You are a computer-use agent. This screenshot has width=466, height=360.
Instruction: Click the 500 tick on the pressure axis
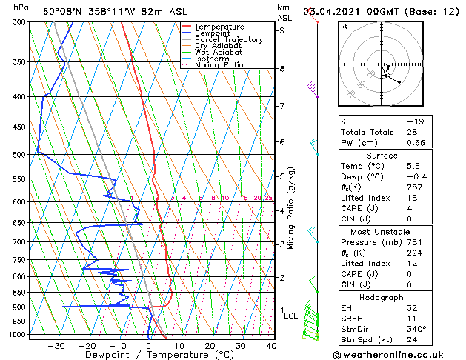point(18,155)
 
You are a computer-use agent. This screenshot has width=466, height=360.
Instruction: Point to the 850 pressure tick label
point(18,293)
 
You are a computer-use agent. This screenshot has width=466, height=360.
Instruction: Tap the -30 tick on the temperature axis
point(56,346)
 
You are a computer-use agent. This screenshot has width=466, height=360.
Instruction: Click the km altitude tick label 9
point(282,30)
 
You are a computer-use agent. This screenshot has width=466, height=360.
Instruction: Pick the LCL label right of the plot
point(291,316)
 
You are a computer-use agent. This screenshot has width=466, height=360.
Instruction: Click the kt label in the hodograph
point(344,26)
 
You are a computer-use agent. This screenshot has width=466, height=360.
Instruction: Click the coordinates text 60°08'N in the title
point(65,12)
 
